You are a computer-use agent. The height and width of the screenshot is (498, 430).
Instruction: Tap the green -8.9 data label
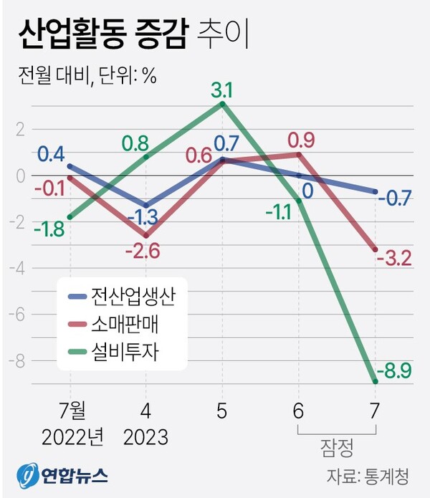pyautogui.click(x=396, y=372)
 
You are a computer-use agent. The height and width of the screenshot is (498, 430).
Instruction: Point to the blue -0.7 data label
pyautogui.click(x=396, y=198)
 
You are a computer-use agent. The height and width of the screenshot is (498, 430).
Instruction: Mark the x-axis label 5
pyautogui.click(x=223, y=411)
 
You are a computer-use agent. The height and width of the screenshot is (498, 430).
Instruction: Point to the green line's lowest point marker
pyautogui.click(x=375, y=382)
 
